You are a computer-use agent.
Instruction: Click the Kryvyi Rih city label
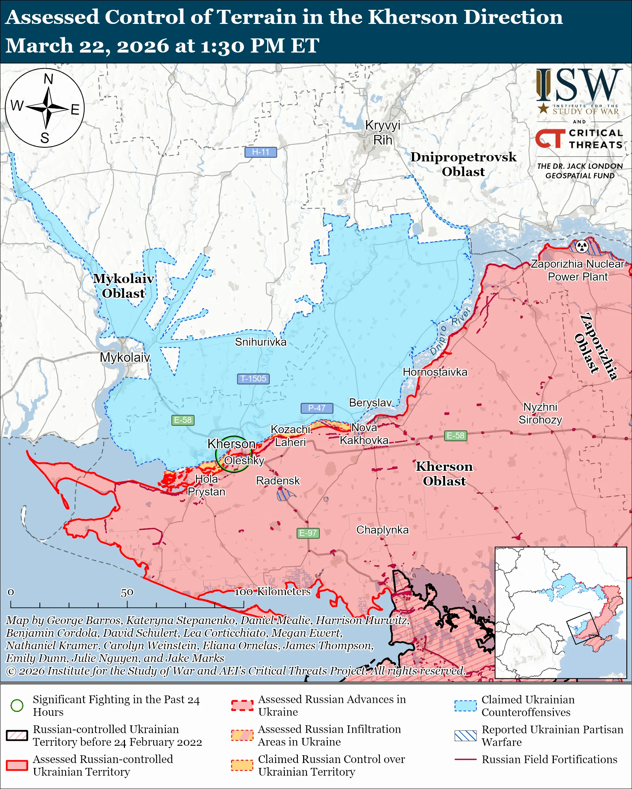tap(382, 133)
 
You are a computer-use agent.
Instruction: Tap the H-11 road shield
tap(261, 152)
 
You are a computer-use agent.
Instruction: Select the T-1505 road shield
tap(253, 378)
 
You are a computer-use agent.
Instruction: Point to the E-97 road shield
tap(308, 533)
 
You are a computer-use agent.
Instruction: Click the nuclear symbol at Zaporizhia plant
tap(582, 246)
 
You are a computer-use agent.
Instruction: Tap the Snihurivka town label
tap(261, 342)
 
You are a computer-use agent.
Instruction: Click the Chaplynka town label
tap(382, 530)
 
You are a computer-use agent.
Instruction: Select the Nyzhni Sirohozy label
tap(540, 413)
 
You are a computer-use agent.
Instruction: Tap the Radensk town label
tap(278, 481)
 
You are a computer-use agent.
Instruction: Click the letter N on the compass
tap(48, 79)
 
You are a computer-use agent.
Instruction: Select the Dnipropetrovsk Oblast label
tap(463, 164)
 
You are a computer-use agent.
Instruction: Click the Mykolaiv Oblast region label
tap(123, 286)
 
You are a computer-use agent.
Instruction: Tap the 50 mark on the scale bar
tap(127, 592)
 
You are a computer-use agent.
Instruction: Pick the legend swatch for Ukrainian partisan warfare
tap(465, 736)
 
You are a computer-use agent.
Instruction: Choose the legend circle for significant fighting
tap(17, 705)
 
